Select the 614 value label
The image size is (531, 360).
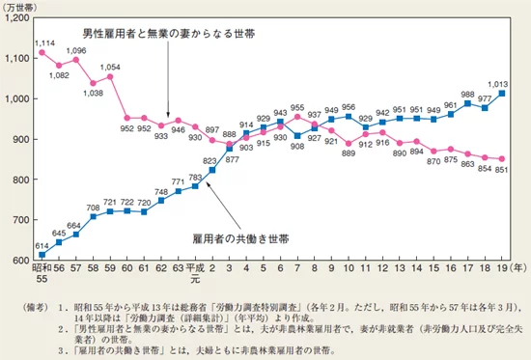pyautogui.click(x=43, y=244)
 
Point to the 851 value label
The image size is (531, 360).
pyautogui.click(x=501, y=170)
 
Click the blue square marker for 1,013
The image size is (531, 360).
pyautogui.click(x=502, y=94)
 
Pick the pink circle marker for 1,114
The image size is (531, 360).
pyautogui.click(x=43, y=52)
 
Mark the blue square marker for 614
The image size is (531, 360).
pyautogui.click(x=43, y=255)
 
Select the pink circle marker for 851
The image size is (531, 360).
pyautogui.click(x=502, y=159)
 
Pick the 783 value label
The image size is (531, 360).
pyautogui.click(x=195, y=177)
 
